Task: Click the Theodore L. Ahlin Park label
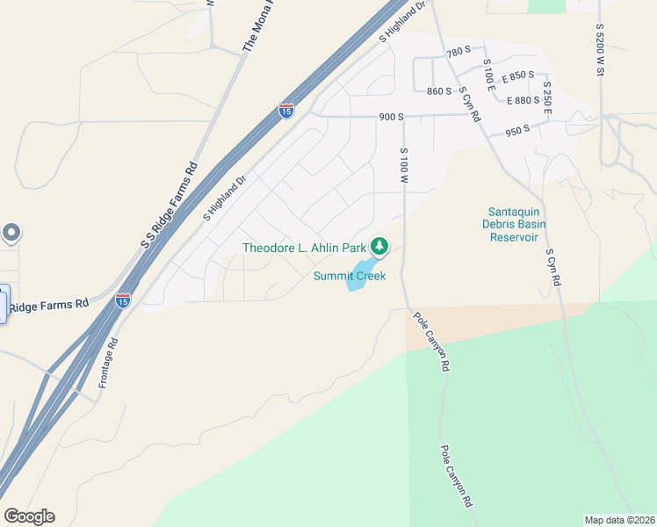pyautogui.click(x=304, y=248)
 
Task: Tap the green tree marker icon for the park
pyautogui.click(x=379, y=247)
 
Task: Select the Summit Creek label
pyautogui.click(x=350, y=276)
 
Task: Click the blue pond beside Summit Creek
pyautogui.click(x=363, y=272)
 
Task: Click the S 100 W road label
pyautogui.click(x=404, y=167)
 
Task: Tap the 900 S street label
pyautogui.click(x=391, y=117)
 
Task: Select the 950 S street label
pyautogui.click(x=517, y=131)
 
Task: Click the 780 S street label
pyautogui.click(x=458, y=53)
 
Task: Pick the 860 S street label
pyautogui.click(x=438, y=91)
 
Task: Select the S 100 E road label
pyautogui.click(x=490, y=77)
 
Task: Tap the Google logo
pyautogui.click(x=29, y=516)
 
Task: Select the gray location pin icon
pyautogui.click(x=11, y=233)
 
